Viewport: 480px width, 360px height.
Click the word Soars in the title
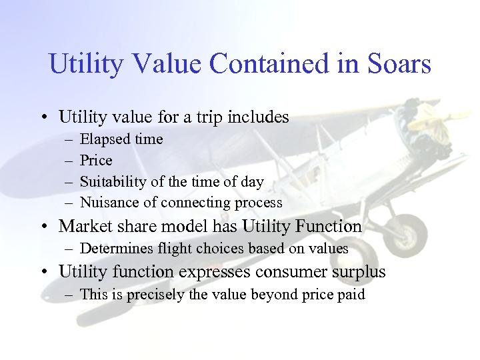399,65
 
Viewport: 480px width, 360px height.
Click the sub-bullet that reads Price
96,161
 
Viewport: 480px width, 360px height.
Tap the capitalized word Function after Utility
331,227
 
